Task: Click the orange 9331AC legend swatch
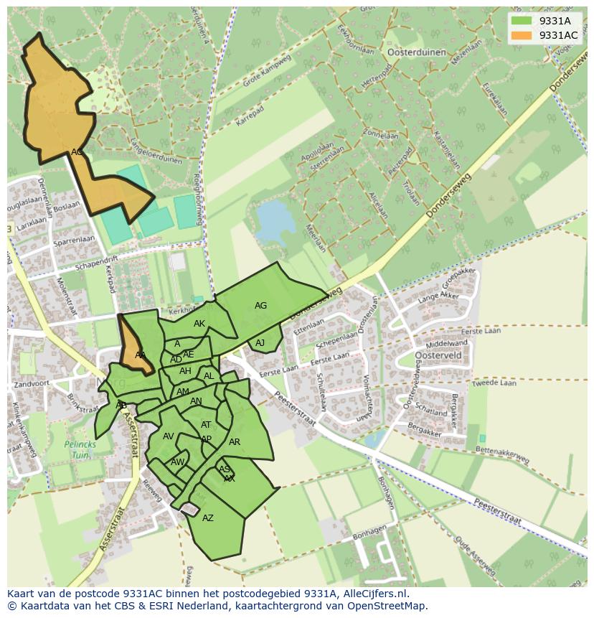pyautogui.click(x=522, y=35)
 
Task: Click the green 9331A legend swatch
pyautogui.click(x=522, y=21)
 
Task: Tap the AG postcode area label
pyautogui.click(x=260, y=306)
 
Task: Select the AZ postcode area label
pyautogui.click(x=208, y=518)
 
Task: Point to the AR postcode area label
pyautogui.click(x=235, y=442)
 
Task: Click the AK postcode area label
pyautogui.click(x=199, y=324)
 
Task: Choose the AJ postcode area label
pyautogui.click(x=260, y=343)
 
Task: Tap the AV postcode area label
pyautogui.click(x=169, y=436)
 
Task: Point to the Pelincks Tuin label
pyautogui.click(x=80, y=449)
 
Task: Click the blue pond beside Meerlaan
pyautogui.click(x=273, y=221)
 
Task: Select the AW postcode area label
pyautogui.click(x=177, y=462)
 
